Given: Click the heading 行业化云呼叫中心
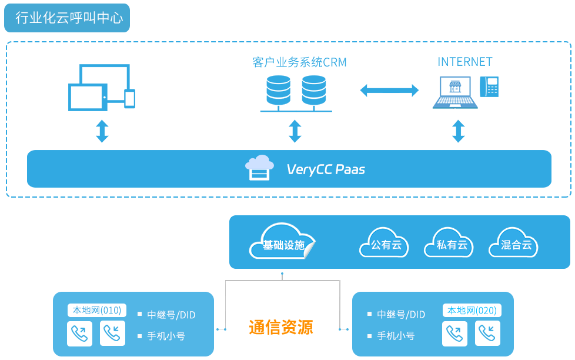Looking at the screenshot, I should pyautogui.click(x=69, y=18).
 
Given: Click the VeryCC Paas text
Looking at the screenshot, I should pyautogui.click(x=326, y=169).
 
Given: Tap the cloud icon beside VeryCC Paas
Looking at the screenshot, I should pyautogui.click(x=259, y=168).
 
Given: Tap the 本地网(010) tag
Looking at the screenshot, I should pyautogui.click(x=97, y=310).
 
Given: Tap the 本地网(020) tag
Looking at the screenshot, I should pyautogui.click(x=472, y=311).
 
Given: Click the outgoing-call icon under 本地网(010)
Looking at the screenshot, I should pyautogui.click(x=79, y=334).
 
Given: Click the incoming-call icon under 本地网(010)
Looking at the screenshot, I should pyautogui.click(x=112, y=334).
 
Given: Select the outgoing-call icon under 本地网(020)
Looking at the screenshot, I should pyautogui.click(x=454, y=334).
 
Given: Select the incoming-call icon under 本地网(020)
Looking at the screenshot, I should pyautogui.click(x=487, y=334).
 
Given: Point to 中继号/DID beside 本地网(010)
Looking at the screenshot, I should pyautogui.click(x=171, y=315).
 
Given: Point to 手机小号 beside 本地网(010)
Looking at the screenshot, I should pyautogui.click(x=166, y=336).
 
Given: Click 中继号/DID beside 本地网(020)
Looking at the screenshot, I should pyautogui.click(x=401, y=315).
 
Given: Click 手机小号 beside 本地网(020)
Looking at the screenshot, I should pyautogui.click(x=396, y=336).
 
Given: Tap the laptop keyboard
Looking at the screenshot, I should pyautogui.click(x=454, y=101).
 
